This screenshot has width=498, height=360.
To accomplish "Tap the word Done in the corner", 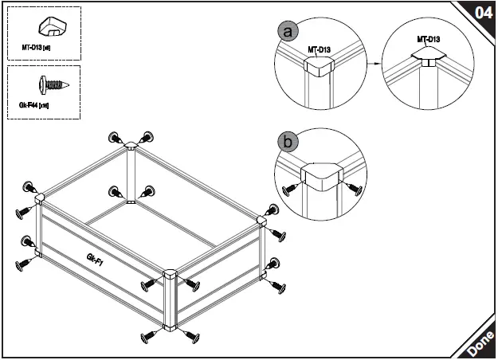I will coord(480,343).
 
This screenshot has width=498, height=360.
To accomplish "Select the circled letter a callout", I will coord(288,31).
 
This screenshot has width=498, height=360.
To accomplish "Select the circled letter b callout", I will coord(288,143).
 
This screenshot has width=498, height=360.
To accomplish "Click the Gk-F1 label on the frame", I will coord(98,259).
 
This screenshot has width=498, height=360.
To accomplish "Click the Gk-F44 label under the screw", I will coord(35,105).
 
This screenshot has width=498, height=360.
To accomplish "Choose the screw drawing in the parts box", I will coord(53,83).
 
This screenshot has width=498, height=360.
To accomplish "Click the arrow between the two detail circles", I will coord(372,63).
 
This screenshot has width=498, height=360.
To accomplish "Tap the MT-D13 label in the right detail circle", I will coord(429,38).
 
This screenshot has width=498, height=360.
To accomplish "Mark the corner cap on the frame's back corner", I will coord(131,147).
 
